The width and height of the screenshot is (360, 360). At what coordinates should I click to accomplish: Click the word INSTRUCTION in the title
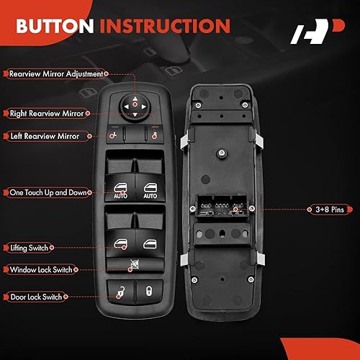click(x=166, y=27)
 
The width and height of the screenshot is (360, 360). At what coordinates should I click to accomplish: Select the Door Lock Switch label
click(x=36, y=296)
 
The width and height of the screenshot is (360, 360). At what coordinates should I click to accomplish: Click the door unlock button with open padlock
click(x=120, y=292)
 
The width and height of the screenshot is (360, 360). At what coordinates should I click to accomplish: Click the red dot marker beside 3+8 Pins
click(x=304, y=209)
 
